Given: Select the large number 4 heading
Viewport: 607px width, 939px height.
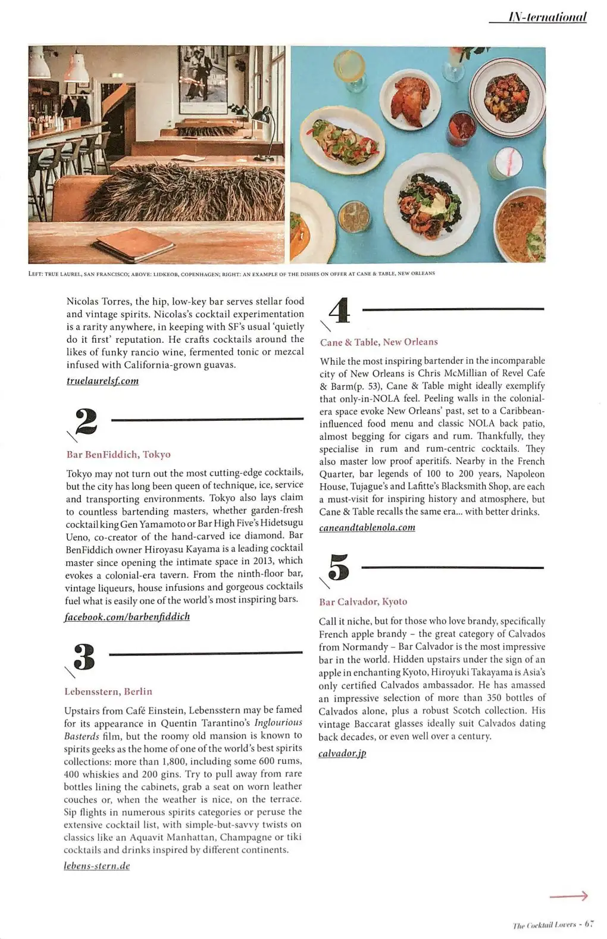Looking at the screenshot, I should tap(339, 310).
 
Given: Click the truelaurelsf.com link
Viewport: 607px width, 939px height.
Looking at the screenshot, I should tap(102, 381).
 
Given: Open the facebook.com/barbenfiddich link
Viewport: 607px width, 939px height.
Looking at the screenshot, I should tap(127, 616).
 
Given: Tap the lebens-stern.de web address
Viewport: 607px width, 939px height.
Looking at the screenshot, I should tap(97, 866).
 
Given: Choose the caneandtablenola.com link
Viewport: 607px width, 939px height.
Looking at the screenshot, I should tap(367, 527).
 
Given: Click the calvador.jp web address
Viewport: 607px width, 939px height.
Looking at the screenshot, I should tap(342, 753).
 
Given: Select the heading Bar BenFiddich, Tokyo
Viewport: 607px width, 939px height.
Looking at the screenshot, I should tap(118, 455).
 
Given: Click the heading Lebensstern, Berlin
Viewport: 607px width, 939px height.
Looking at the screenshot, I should tap(108, 691).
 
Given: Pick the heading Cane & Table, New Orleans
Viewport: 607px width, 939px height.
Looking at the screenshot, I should tap(378, 342).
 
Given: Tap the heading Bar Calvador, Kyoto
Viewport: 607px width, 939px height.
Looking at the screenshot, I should tap(363, 602).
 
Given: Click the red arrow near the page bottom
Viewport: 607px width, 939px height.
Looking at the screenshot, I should tap(568, 896).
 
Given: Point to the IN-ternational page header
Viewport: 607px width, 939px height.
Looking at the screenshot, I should tap(547, 17).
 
